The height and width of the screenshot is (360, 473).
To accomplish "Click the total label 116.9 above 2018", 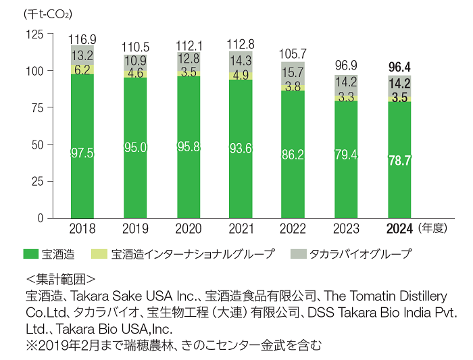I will (82, 39).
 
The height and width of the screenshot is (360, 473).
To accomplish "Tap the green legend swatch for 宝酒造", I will (30, 254).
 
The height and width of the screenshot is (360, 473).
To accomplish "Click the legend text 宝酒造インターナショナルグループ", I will (193, 254).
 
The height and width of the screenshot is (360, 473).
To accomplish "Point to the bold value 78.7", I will (401, 161).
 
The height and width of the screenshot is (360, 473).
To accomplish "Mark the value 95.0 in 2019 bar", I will (135, 147).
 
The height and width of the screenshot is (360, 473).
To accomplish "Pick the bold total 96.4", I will (401, 68).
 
